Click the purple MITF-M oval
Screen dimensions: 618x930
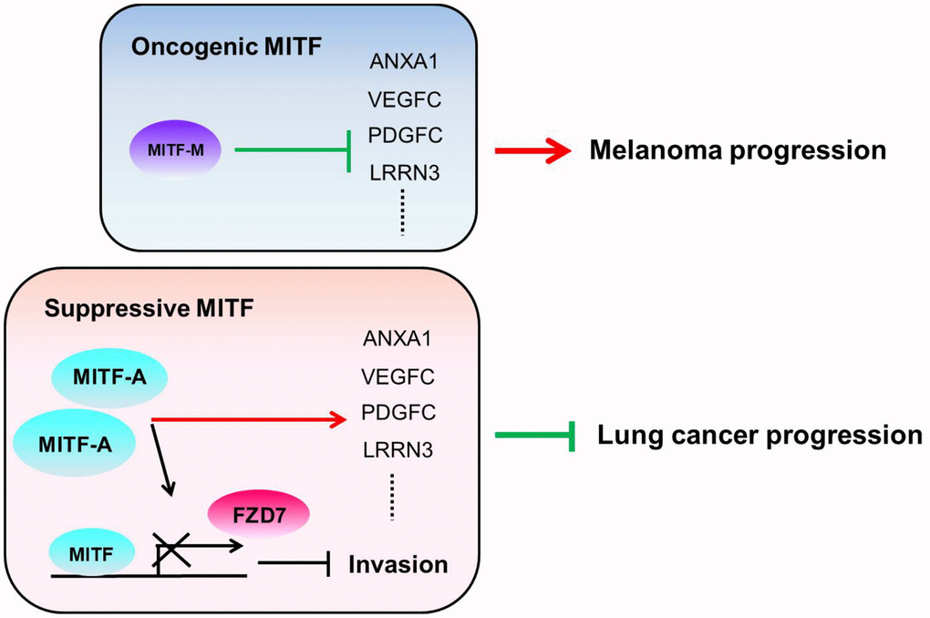tap(175, 149)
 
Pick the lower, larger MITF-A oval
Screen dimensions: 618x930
tap(76, 444)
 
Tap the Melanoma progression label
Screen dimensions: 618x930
tap(737, 149)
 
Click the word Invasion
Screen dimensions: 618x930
tap(398, 564)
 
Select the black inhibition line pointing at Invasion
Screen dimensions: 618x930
tap(293, 565)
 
